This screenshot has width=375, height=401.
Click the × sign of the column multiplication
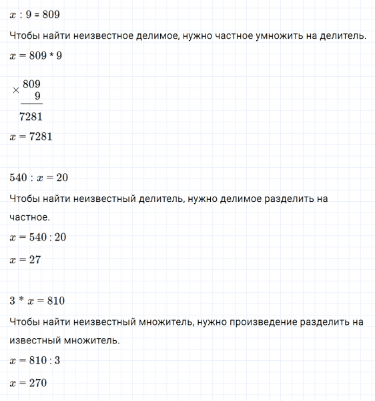(x=16, y=90)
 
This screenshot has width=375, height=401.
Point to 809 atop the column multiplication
(x=31, y=84)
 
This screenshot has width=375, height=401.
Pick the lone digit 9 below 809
(x=38, y=96)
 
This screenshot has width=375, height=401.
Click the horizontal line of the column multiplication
(x=31, y=104)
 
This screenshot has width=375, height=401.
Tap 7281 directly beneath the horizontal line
(x=32, y=117)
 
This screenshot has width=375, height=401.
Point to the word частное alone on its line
(x=29, y=217)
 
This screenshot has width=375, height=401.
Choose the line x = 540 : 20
(x=39, y=237)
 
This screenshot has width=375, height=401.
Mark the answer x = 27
(x=26, y=259)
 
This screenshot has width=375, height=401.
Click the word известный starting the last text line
(x=34, y=340)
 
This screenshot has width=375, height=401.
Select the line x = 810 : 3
(x=35, y=361)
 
